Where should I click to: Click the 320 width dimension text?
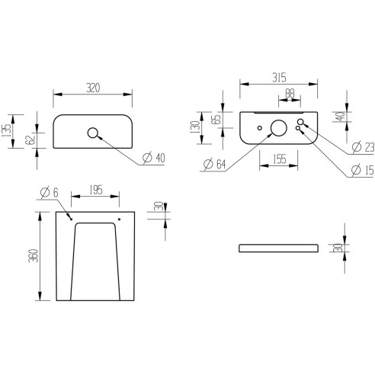91,88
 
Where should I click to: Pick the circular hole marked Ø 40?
94,133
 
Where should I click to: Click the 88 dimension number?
289,95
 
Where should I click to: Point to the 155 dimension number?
278,159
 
